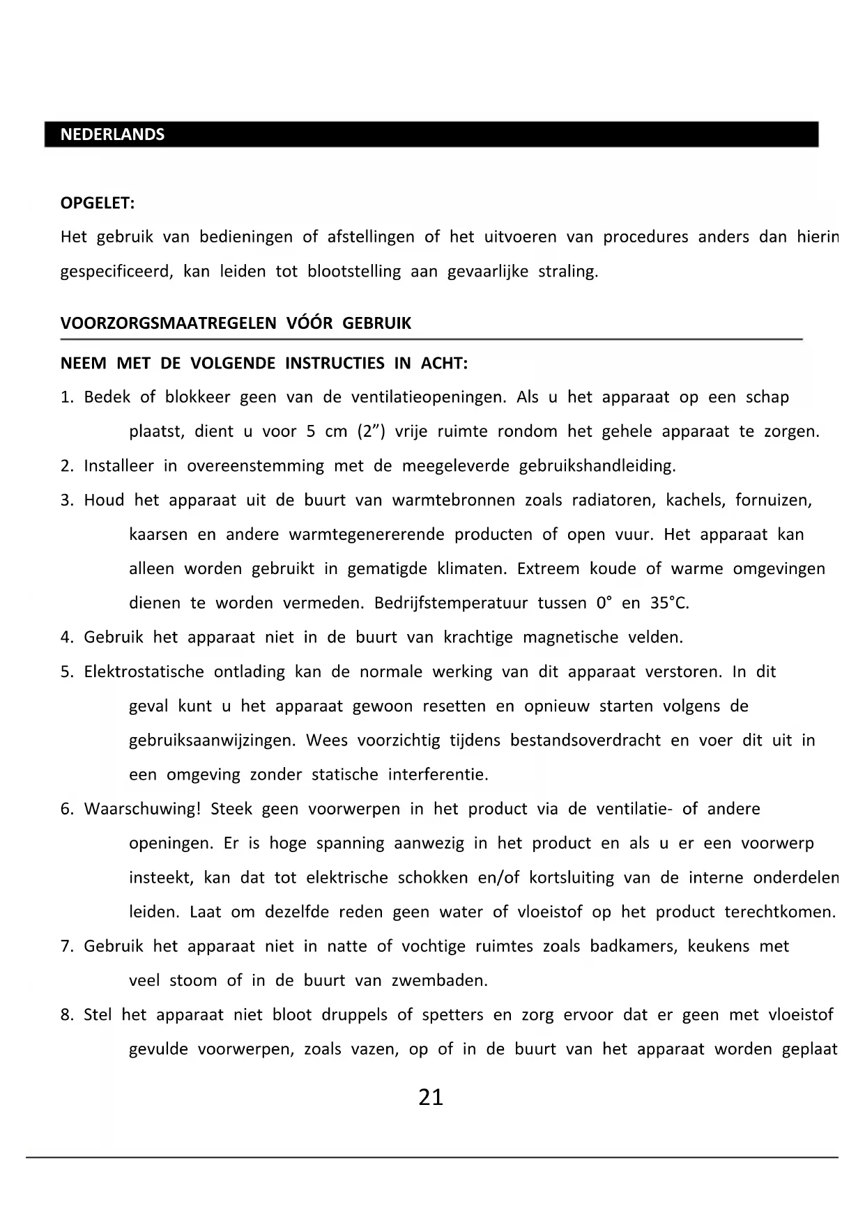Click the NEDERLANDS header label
[112, 134]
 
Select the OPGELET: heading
[98, 203]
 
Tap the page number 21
[431, 1097]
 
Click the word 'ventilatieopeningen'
[428, 398]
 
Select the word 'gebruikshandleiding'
[597, 466]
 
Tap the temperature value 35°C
[669, 603]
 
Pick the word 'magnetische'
[570, 637]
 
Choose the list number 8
[67, 1015]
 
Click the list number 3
[67, 500]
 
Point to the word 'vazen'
[376, 1050]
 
